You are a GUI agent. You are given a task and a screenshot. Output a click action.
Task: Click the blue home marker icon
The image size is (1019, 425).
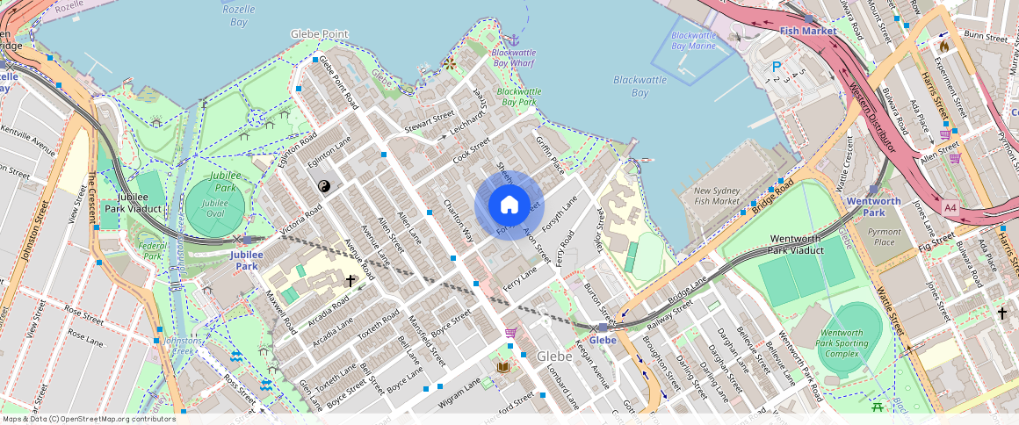(x=509, y=205)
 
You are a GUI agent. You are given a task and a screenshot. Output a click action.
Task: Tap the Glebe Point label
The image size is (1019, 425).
(x=320, y=34)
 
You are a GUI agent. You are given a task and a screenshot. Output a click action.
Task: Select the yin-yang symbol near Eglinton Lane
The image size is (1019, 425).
(x=322, y=186)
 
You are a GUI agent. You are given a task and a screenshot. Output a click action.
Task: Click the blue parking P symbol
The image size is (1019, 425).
(x=776, y=67)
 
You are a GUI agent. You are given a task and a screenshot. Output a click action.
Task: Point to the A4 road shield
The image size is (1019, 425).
(x=950, y=208)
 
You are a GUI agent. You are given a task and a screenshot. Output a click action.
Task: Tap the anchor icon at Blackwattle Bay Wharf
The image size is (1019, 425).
(x=514, y=40)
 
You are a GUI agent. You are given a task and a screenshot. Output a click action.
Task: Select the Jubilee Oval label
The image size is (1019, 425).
(x=215, y=208)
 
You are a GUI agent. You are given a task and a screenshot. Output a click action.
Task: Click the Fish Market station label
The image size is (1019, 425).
(x=807, y=31)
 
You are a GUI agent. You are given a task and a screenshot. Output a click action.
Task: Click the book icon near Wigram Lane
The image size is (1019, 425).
(x=503, y=367)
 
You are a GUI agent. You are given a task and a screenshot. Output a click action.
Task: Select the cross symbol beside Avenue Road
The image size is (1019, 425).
(x=351, y=281)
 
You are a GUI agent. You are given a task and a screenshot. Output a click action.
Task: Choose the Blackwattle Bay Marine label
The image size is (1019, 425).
(x=693, y=40)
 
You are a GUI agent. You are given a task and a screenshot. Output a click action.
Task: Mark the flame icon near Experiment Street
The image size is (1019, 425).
(x=943, y=46)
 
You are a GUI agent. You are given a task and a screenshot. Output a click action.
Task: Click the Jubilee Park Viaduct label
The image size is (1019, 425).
(x=132, y=204)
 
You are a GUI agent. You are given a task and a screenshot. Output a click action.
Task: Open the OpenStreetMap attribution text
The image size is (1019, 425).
(x=89, y=419)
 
